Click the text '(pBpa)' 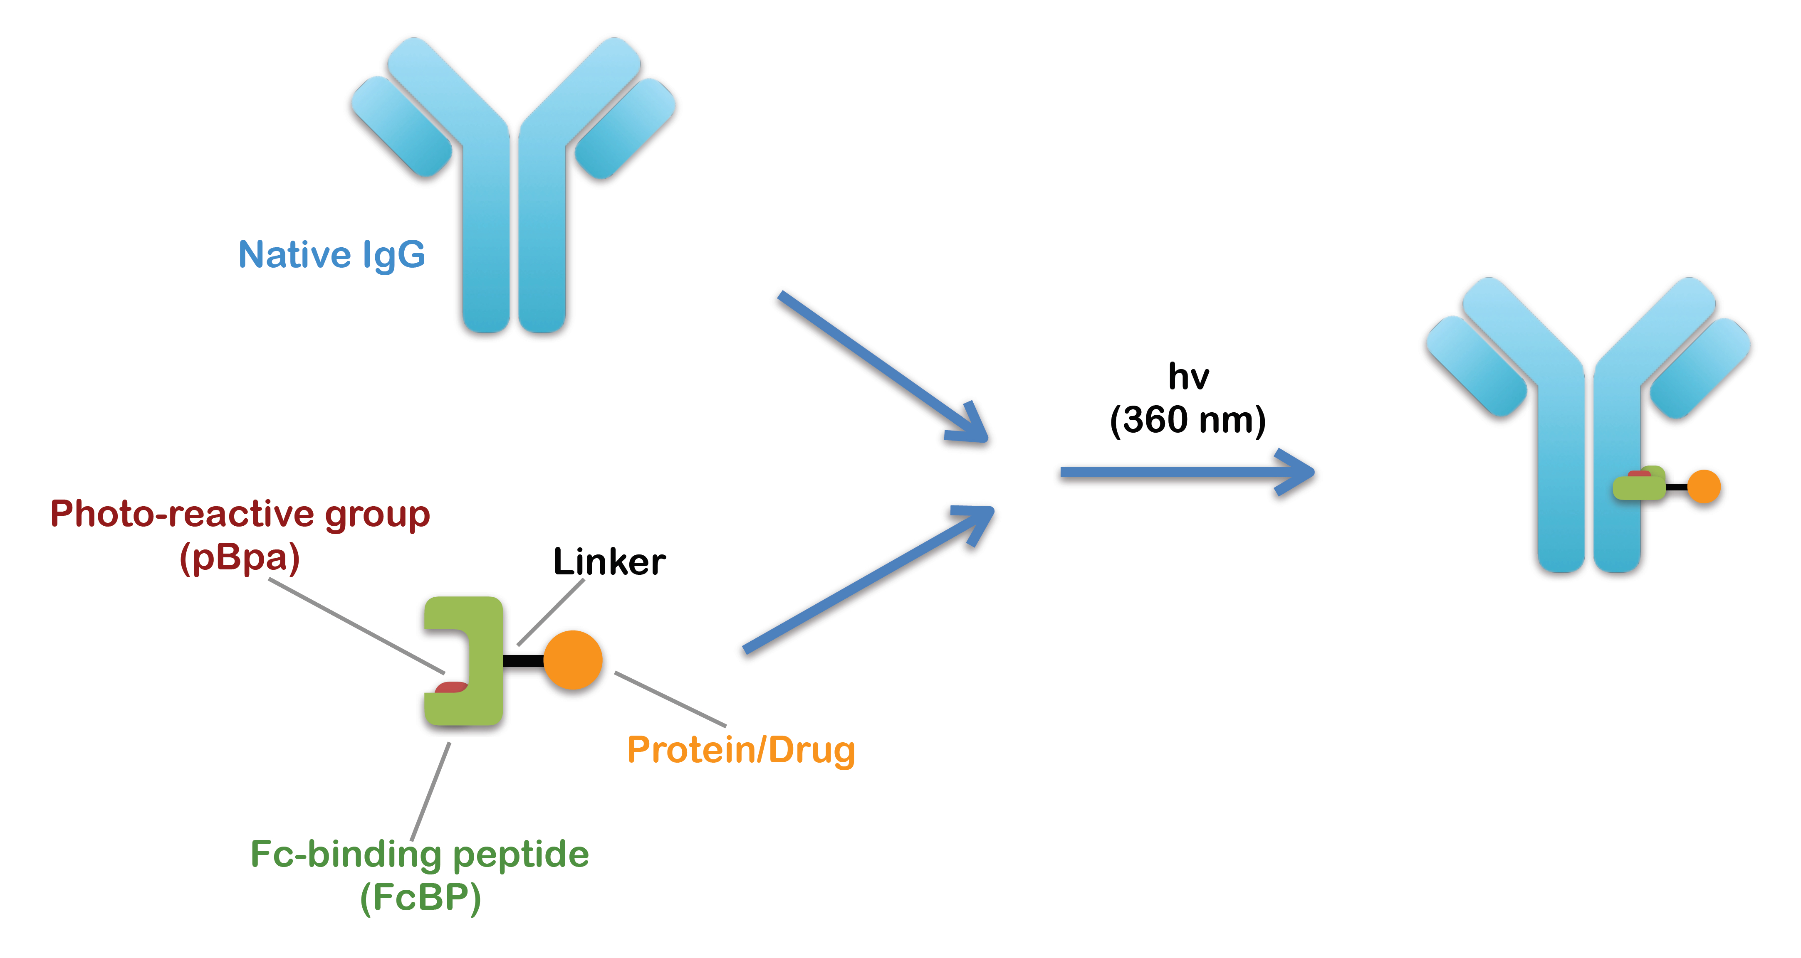point(240,558)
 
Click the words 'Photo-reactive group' point(240,514)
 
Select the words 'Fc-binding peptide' point(420,854)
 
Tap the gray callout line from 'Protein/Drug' point(670,699)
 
